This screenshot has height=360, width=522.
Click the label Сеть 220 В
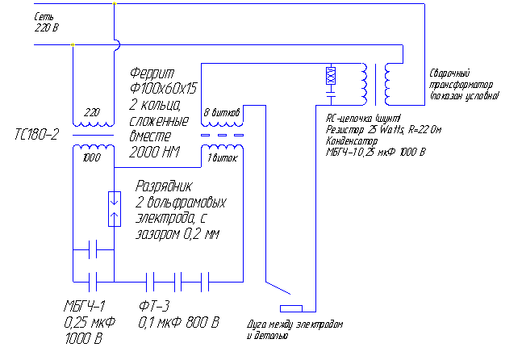[48, 22]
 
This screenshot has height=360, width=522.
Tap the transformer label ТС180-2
[36, 133]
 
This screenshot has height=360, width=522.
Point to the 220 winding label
[90, 113]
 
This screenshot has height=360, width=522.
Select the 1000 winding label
[90, 158]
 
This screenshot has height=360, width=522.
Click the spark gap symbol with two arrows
[114, 208]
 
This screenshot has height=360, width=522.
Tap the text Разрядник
[165, 185]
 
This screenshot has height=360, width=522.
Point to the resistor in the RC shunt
[330, 77]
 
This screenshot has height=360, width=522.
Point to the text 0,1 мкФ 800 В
[178, 323]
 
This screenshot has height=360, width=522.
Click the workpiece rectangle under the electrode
[290, 308]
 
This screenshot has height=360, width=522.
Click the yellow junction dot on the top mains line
[114, 4]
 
